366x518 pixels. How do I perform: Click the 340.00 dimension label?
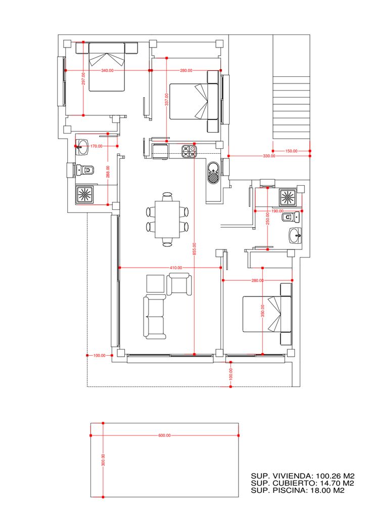(x=107, y=70)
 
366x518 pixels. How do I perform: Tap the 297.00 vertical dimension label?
(x=83, y=78)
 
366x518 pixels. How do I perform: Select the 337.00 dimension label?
(x=167, y=99)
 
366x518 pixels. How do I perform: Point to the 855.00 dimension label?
(x=195, y=249)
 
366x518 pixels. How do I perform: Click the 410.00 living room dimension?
(x=176, y=268)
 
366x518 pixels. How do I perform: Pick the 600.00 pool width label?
(x=164, y=436)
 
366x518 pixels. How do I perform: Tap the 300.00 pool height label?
(x=103, y=460)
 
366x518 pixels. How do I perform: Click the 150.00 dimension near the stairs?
(x=291, y=151)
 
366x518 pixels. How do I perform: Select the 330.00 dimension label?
(x=269, y=156)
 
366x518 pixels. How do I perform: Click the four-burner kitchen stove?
(x=189, y=151)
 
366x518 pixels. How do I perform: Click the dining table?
(x=167, y=220)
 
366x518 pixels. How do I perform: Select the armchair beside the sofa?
(x=178, y=284)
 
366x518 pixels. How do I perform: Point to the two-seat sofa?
(x=155, y=318)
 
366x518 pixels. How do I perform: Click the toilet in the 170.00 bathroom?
(x=85, y=170)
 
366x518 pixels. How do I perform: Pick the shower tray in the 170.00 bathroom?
(x=85, y=195)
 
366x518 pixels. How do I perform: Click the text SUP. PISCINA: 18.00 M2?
(x=298, y=491)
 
